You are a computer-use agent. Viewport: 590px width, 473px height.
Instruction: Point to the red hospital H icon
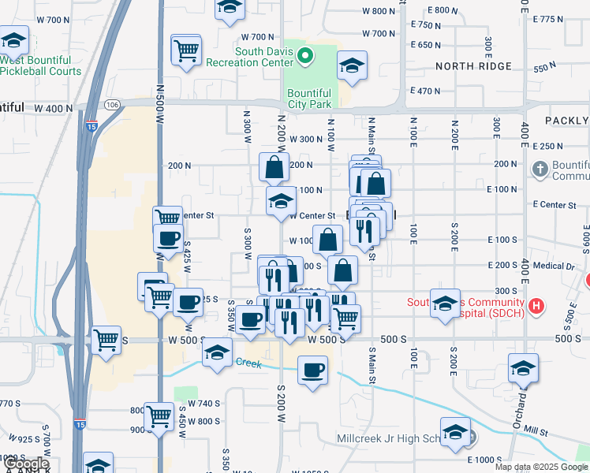(x=536, y=306)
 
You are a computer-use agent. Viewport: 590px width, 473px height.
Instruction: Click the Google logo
(x=26, y=464)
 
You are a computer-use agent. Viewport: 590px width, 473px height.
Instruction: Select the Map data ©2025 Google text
(x=541, y=467)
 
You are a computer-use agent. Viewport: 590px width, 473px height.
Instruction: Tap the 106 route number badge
(x=112, y=104)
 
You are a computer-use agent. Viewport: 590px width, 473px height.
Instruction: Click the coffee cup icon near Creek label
(x=312, y=369)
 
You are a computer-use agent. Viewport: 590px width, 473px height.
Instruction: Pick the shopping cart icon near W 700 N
(x=186, y=50)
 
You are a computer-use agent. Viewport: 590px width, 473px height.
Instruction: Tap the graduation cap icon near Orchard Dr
(x=522, y=367)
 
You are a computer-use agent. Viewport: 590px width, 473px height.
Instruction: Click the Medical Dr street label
(x=559, y=266)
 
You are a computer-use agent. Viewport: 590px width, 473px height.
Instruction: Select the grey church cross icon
(x=540, y=169)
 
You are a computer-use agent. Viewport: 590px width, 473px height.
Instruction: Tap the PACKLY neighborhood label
(x=566, y=121)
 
